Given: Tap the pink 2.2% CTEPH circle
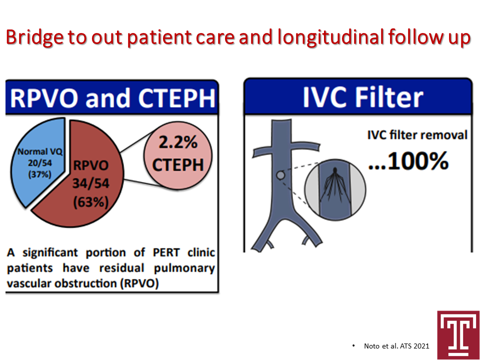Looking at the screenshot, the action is coord(178,155).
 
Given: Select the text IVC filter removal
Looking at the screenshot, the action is coord(417,135).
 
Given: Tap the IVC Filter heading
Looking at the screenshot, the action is coord(363,97).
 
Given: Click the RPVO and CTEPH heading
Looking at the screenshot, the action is coord(112,98).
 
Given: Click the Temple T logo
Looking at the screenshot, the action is coord(458,335).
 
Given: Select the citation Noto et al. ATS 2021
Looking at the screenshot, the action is coord(396,346).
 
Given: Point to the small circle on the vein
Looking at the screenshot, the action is coord(280,175).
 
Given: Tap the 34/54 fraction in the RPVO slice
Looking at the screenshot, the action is coord(90,183).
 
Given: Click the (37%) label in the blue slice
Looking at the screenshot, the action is coord(40,174).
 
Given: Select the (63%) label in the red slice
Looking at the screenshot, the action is coord(90,202).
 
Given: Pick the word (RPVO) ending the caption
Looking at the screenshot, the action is coord(139,283).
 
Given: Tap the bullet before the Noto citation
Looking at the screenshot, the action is coord(353,346).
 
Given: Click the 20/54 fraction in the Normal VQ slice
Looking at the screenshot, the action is coord(40,163).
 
